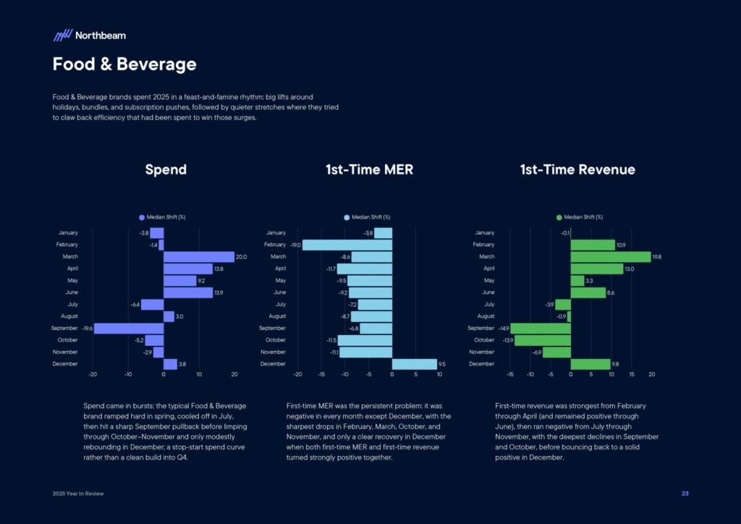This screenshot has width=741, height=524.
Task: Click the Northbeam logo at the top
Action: coord(89,35)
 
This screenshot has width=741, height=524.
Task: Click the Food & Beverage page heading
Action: coord(124,64)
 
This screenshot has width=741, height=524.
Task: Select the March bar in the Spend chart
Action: coord(199,257)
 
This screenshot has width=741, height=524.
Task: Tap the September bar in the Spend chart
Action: coord(129,329)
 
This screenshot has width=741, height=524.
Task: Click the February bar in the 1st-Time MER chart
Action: coord(347,245)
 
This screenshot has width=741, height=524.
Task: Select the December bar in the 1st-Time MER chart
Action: coord(414,364)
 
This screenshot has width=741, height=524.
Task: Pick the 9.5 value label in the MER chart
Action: coord(442,364)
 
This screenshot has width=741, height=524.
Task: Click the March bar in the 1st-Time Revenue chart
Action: coord(610,257)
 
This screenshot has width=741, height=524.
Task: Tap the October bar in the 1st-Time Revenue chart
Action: coord(542,340)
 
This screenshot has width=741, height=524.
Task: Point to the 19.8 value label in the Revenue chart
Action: coord(656,257)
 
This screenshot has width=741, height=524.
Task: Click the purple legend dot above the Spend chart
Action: coord(142,217)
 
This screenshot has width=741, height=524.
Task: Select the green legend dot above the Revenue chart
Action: coord(559,217)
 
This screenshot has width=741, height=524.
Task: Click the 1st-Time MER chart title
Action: coord(369,170)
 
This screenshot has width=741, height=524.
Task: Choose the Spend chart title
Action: coord(166,170)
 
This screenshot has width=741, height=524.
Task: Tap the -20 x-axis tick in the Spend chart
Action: coord(93,375)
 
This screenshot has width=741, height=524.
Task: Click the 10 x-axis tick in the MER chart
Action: coord(439,375)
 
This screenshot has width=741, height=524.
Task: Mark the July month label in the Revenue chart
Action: coord(490,305)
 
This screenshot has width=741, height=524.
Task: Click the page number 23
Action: coord(685,494)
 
